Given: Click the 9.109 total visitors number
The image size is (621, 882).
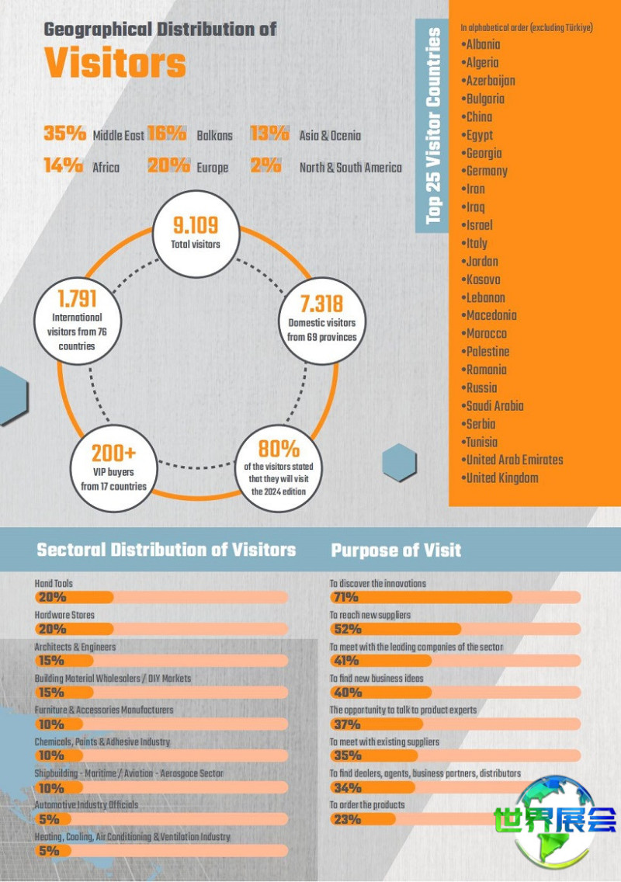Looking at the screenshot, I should pyautogui.click(x=196, y=226).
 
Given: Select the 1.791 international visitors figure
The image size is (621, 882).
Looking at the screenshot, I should pyautogui.click(x=77, y=299).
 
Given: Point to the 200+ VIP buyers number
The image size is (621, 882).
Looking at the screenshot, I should pyautogui.click(x=113, y=453).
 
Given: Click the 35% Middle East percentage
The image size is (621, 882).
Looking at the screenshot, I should pyautogui.click(x=64, y=134).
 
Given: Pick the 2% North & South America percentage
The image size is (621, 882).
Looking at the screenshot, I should pyautogui.click(x=265, y=165).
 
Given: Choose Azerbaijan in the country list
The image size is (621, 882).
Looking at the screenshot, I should pyautogui.click(x=490, y=81).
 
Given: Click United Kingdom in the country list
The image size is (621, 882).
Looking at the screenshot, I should pyautogui.click(x=501, y=478).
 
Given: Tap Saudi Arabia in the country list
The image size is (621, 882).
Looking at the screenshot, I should pyautogui.click(x=494, y=406).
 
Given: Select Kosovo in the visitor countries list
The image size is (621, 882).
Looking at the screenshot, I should pyautogui.click(x=483, y=280).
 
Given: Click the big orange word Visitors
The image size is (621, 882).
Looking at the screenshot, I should pyautogui.click(x=115, y=63).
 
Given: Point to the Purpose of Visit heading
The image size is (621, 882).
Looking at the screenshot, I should pyautogui.click(x=396, y=550).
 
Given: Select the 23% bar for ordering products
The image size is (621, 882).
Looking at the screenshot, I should pyautogui.click(x=363, y=819).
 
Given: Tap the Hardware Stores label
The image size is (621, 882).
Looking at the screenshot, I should pyautogui.click(x=64, y=615).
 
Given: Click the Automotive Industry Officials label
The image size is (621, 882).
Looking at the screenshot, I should pyautogui.click(x=86, y=804).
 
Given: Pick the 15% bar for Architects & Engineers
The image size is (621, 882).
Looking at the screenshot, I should pyautogui.click(x=64, y=661).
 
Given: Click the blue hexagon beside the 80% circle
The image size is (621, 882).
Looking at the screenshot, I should pyautogui.click(x=401, y=462).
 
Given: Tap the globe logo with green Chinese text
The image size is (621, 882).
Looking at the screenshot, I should pyautogui.click(x=554, y=821).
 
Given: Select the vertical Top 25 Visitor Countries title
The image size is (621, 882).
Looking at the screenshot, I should pyautogui.click(x=433, y=126).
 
